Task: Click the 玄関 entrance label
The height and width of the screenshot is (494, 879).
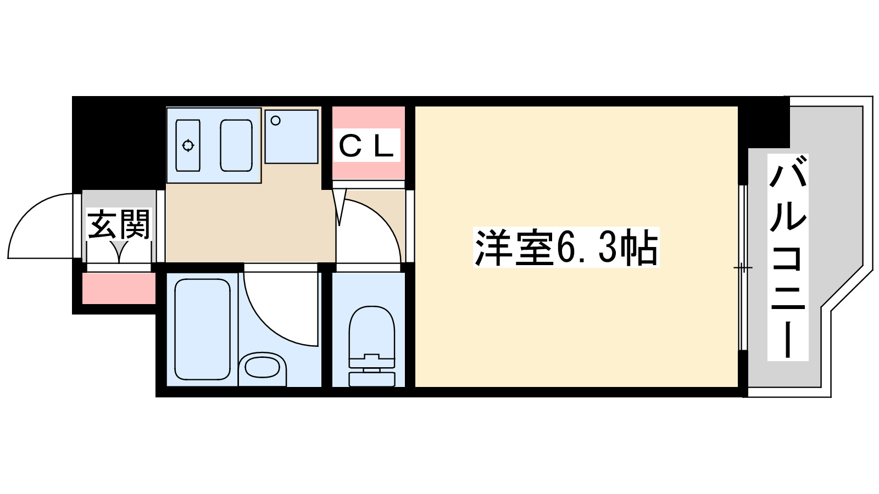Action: [x=119, y=225]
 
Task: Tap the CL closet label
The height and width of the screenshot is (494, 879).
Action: [x=366, y=146]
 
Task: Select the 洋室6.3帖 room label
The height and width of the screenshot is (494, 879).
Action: [x=566, y=249]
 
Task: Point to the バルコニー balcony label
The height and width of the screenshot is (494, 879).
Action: [x=788, y=257]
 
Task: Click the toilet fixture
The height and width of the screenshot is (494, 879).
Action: [x=372, y=335]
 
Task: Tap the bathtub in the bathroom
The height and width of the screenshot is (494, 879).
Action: [x=202, y=329]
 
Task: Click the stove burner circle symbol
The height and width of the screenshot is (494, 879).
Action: [x=188, y=145]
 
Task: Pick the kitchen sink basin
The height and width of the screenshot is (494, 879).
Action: [x=236, y=145]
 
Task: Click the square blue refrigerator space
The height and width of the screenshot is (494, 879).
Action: [x=291, y=137]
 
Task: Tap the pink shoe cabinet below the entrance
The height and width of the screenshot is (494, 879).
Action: [x=119, y=288]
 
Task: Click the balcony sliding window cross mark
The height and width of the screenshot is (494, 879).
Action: [x=742, y=268]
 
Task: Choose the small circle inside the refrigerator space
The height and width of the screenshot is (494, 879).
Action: [x=276, y=121]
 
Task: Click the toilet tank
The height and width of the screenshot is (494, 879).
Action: [x=372, y=378]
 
